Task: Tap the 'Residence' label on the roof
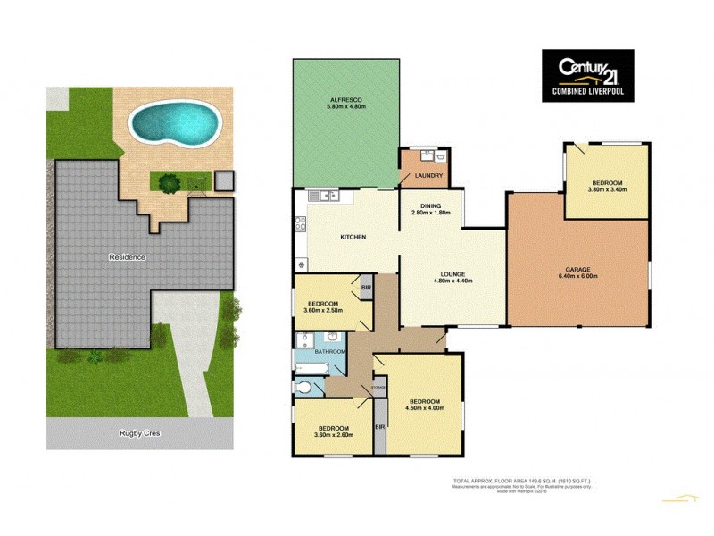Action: pos(127,257)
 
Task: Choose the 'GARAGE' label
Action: pos(578,268)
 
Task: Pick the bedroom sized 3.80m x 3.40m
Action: pos(604,186)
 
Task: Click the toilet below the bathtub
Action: pos(305,388)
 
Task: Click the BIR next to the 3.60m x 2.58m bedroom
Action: pos(366,288)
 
